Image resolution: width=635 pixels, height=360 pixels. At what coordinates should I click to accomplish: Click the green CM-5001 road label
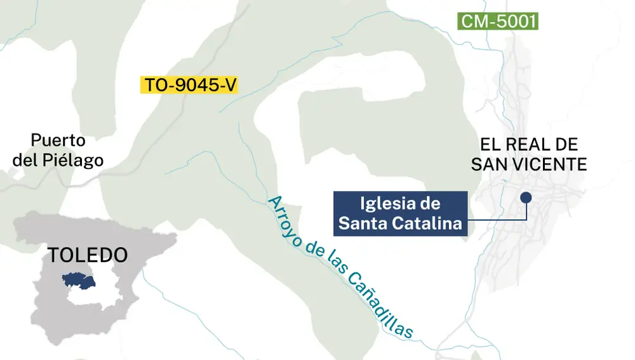498,22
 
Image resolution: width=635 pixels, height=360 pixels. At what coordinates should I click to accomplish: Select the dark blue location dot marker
526,197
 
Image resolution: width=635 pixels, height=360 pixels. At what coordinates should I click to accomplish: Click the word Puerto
57,141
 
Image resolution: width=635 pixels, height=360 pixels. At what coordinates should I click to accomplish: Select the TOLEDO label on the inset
88,255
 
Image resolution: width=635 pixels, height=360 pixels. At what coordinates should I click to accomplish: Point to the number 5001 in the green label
515,22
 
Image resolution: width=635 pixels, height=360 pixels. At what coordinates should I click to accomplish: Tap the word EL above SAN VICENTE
489,144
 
